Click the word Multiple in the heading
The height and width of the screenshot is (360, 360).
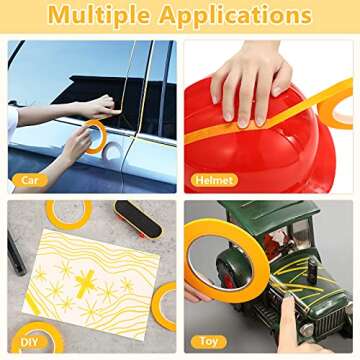(99, 15)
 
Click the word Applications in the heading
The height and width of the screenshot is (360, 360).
(236, 15)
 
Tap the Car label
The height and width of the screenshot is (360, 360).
(30, 180)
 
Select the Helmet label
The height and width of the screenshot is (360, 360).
(214, 180)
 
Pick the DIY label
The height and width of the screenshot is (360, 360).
(29, 342)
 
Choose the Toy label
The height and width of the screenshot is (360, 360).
(209, 342)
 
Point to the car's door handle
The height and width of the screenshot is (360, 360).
(113, 152)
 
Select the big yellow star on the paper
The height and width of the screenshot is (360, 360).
(85, 283)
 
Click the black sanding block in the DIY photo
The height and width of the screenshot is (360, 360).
(137, 219)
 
